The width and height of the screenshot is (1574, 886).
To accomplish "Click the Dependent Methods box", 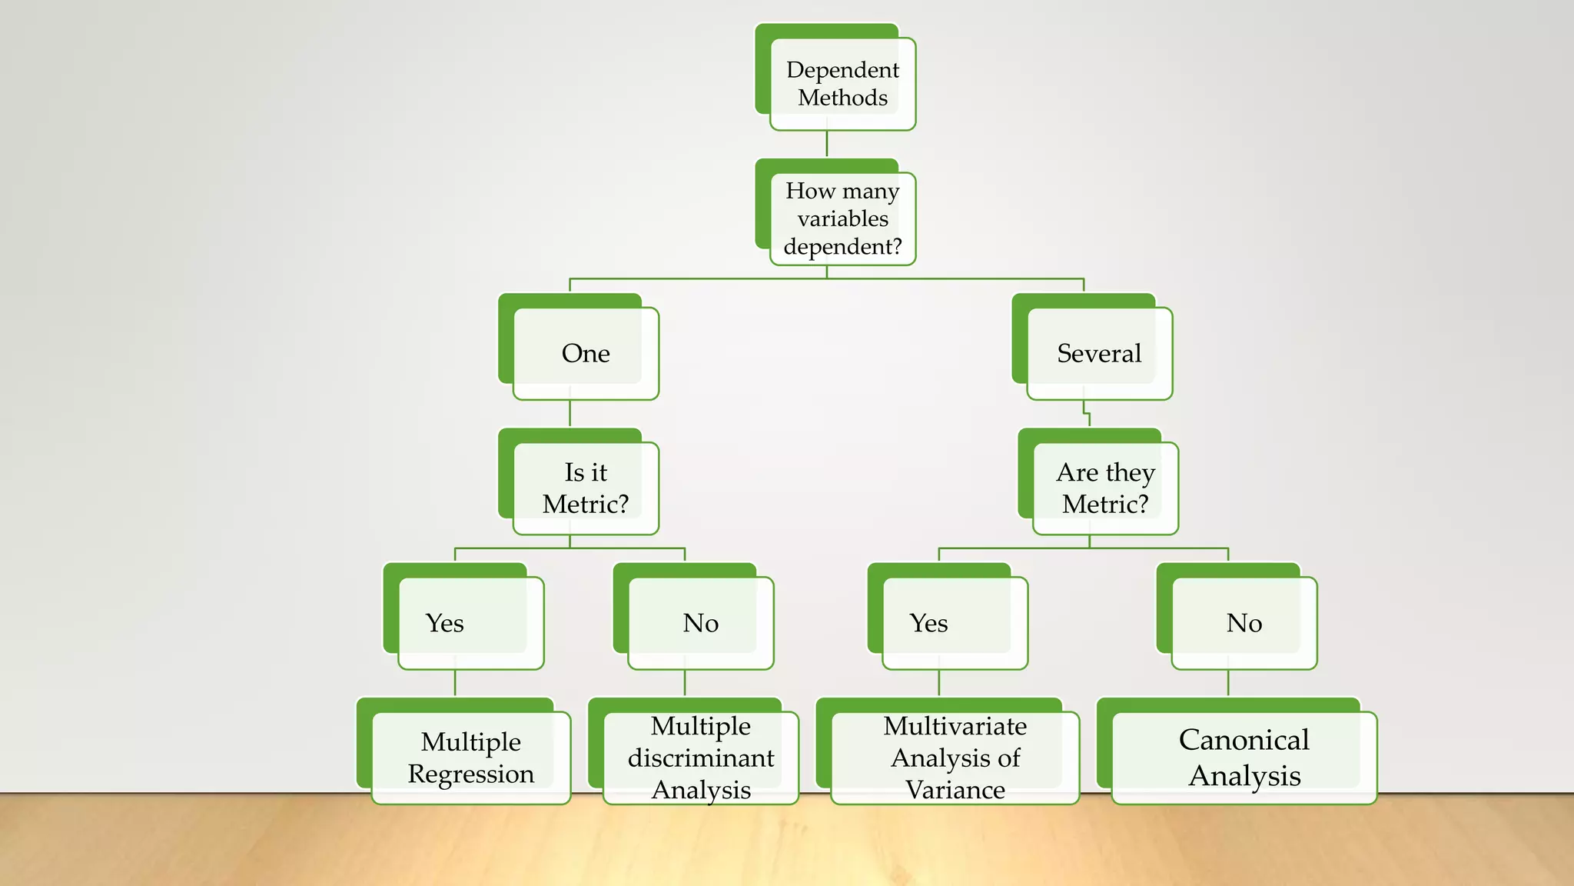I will [x=842, y=84].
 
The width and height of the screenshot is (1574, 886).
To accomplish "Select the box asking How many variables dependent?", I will [x=842, y=218].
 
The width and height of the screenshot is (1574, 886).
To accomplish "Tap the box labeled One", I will [x=586, y=353].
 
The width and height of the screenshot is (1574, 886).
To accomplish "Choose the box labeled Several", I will [x=1099, y=353].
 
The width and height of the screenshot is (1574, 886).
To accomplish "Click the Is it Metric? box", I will [x=586, y=488].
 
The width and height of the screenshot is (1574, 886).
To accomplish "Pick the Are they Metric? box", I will [x=1105, y=488].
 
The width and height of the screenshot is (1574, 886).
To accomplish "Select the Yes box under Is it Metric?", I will [x=470, y=622].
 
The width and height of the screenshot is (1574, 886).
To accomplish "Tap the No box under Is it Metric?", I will [x=700, y=622].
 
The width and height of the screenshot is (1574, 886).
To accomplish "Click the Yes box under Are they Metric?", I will [x=955, y=622].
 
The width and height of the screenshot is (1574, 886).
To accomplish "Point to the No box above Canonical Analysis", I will [x=1244, y=622].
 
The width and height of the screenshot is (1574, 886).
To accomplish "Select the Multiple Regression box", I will [x=470, y=758].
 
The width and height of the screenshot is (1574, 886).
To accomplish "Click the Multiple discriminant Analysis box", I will [x=700, y=758].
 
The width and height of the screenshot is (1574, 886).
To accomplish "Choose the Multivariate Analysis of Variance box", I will [x=955, y=758].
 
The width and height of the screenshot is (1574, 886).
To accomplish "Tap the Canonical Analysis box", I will [x=1244, y=758].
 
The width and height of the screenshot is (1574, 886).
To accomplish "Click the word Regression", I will [x=470, y=774].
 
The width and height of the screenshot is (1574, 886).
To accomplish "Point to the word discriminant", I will [x=700, y=758].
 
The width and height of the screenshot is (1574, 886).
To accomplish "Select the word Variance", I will [x=955, y=790].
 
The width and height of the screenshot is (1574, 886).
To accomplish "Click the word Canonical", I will [x=1244, y=740].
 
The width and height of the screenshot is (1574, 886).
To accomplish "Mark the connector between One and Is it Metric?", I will [x=569, y=413].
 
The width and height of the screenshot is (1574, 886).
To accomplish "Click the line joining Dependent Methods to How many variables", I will [x=827, y=144].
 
